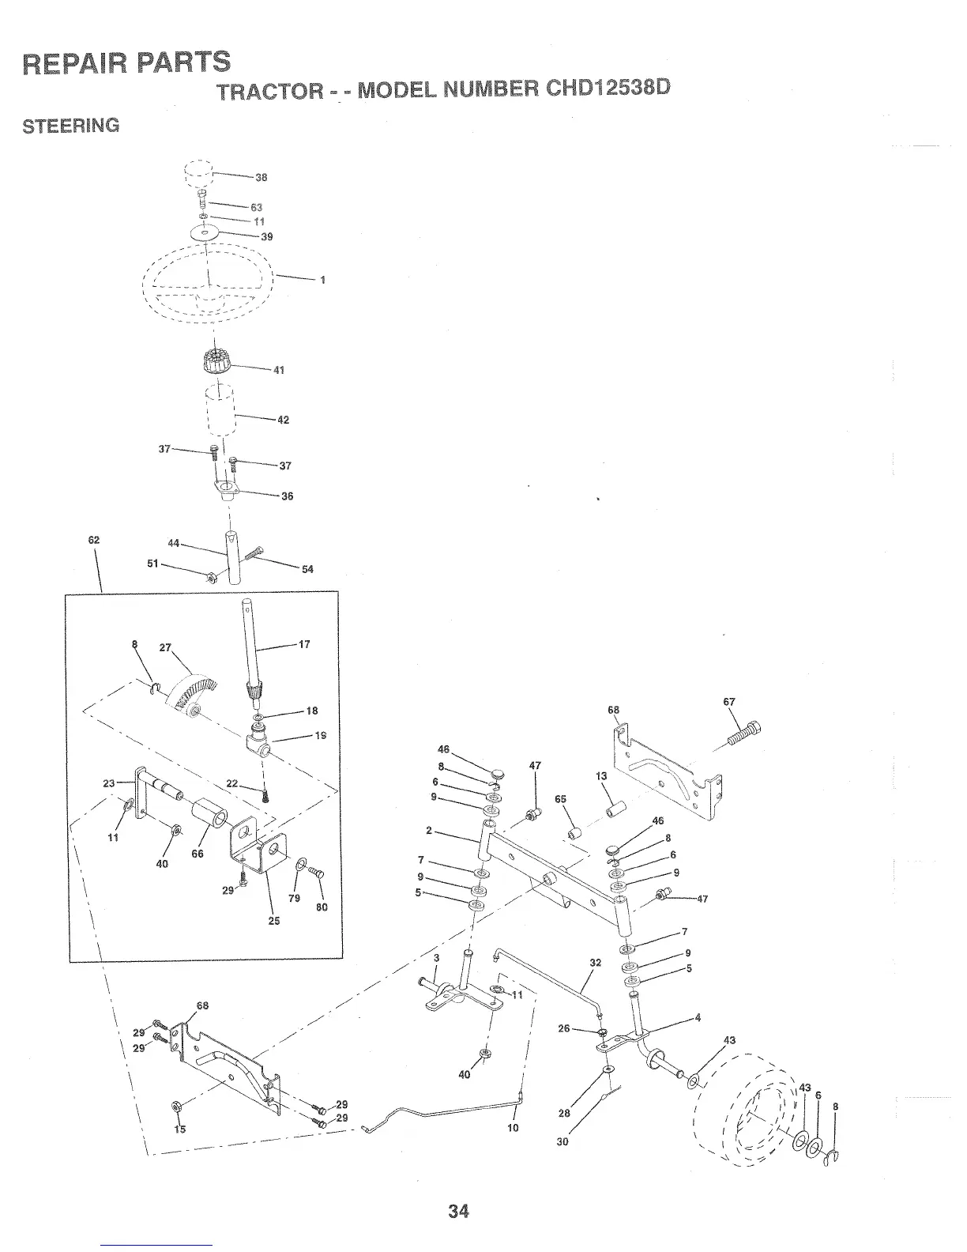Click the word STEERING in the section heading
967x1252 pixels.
point(71,126)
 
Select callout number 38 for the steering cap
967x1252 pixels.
point(262,177)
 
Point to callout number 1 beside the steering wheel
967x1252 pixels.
point(322,280)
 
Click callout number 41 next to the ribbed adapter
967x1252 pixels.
point(278,370)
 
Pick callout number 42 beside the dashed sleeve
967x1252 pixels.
point(283,420)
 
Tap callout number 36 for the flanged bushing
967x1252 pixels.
point(287,496)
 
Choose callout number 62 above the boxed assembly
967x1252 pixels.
point(94,540)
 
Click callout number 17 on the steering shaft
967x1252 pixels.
point(304,644)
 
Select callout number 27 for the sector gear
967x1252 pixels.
point(165,647)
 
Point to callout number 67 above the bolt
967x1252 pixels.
point(729,702)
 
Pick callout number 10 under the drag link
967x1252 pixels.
point(513,1127)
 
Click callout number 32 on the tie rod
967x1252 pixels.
point(596,963)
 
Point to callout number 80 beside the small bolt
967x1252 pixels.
point(322,907)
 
